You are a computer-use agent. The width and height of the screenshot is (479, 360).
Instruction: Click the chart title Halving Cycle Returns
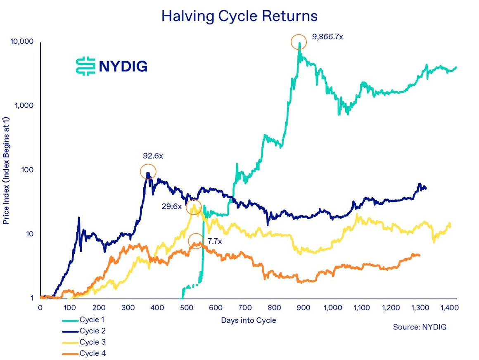click(239, 16)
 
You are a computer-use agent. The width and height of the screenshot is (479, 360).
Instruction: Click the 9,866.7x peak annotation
click(328, 37)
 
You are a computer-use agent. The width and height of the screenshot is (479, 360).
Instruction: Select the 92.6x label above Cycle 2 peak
click(153, 156)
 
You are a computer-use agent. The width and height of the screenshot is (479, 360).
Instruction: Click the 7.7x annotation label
click(215, 242)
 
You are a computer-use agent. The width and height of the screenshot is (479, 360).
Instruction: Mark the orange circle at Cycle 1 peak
click(299, 42)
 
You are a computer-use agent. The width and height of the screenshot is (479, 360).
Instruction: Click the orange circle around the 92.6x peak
click(148, 171)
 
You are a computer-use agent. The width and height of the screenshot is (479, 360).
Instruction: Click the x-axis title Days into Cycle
click(248, 320)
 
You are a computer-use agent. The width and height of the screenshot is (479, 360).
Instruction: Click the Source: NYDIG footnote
click(420, 327)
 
